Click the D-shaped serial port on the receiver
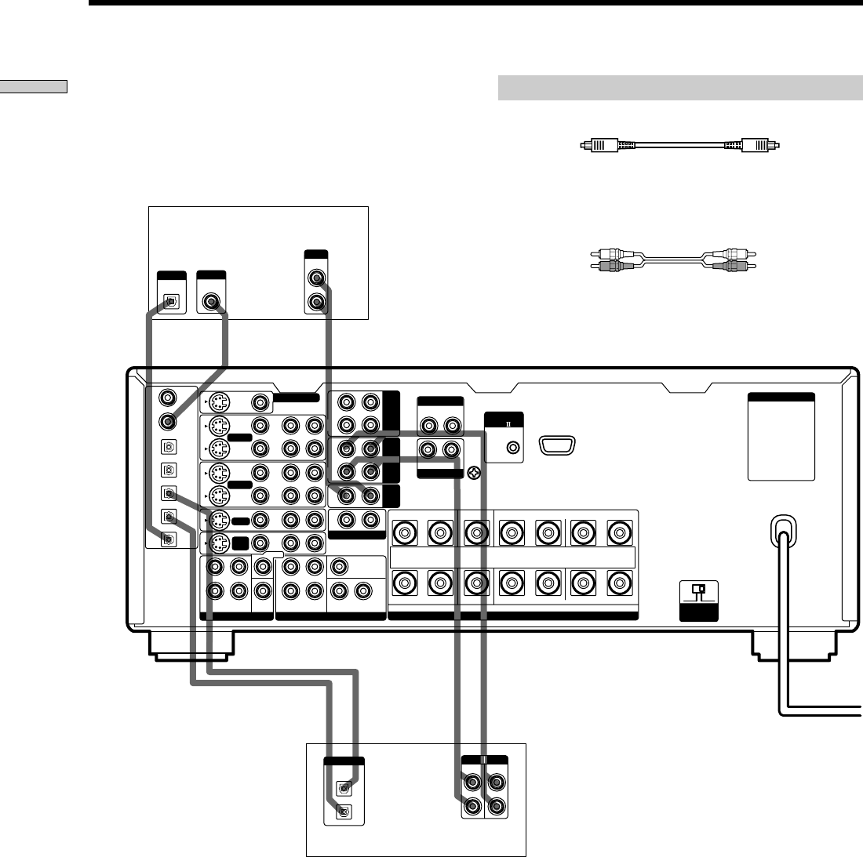pos(559,446)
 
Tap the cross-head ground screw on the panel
pos(473,474)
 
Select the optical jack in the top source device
pos(172,301)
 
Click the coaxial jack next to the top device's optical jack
pos(211,301)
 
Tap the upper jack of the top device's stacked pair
pos(316,278)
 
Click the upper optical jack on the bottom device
pos(344,788)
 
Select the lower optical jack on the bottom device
pos(344,812)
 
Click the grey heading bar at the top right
pos(680,88)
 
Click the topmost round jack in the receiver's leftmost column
pos(166,398)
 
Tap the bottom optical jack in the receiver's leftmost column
pos(166,539)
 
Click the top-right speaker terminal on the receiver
pos(619,534)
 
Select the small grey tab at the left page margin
pos(34,86)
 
